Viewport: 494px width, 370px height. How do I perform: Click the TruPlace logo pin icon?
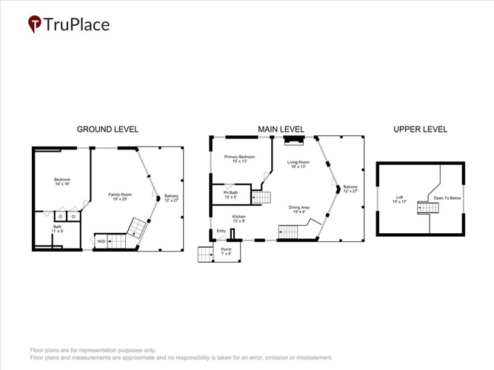(x=34, y=24)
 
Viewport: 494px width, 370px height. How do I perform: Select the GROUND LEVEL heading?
(x=107, y=129)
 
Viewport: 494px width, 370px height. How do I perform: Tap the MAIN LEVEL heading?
(x=281, y=129)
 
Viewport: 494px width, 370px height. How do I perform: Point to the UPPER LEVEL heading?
(x=420, y=129)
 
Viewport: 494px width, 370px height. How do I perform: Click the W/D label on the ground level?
(x=101, y=241)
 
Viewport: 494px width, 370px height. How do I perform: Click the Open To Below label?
(x=447, y=198)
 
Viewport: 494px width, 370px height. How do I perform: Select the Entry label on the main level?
(x=221, y=231)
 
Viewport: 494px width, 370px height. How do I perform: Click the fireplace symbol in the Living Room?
(x=294, y=141)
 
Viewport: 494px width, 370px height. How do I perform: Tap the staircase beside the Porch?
(x=205, y=255)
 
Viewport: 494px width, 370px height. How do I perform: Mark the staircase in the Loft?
(x=428, y=208)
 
